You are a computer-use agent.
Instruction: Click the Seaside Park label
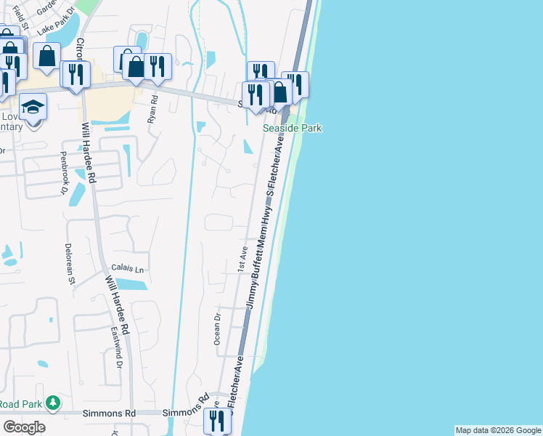[292, 129]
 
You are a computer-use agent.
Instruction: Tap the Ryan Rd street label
[153, 108]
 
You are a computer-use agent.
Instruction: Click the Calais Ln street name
[128, 268]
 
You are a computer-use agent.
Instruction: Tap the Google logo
[24, 427]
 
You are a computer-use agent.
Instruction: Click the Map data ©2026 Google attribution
[498, 430]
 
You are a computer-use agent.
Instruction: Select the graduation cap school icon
[32, 108]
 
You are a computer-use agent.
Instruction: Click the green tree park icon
[52, 402]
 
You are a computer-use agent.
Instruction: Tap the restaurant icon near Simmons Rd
[217, 421]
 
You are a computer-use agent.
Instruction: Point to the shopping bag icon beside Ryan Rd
[135, 66]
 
